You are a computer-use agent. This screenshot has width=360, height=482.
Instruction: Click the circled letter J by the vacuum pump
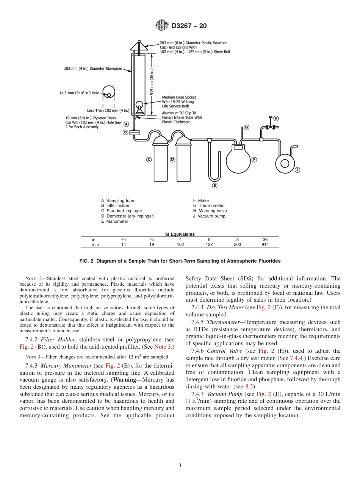pyautogui.click(x=297, y=170)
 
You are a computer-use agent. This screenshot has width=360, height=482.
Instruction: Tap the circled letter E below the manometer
pyautogui.click(x=214, y=185)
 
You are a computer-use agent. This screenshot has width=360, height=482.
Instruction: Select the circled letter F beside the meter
pyautogui.click(x=254, y=160)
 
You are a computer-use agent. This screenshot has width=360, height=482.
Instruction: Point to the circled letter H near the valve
pyautogui.click(x=276, y=118)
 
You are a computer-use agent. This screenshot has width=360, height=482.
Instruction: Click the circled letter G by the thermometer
pyautogui.click(x=246, y=127)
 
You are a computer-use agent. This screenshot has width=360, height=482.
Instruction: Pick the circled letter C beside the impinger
pyautogui.click(x=149, y=160)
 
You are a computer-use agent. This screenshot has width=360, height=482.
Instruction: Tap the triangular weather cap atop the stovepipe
pyautogui.click(x=139, y=45)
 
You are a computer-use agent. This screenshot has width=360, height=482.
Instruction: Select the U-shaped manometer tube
pyautogui.click(x=214, y=167)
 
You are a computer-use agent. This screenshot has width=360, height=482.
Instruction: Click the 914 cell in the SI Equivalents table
pyautogui.click(x=265, y=245)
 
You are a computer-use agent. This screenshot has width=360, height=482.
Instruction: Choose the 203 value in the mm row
pyautogui.click(x=237, y=245)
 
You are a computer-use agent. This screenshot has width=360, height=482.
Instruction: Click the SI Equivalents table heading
pyautogui.click(x=180, y=234)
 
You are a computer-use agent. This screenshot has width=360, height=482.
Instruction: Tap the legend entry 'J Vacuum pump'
pyautogui.click(x=209, y=216)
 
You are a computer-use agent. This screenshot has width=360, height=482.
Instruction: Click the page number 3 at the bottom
pyautogui.click(x=180, y=466)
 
